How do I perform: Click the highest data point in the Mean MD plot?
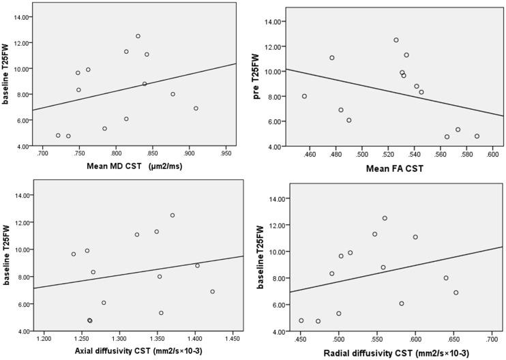tap(138, 36)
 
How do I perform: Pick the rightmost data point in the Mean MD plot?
tap(196, 108)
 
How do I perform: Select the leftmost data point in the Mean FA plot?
tap(304, 96)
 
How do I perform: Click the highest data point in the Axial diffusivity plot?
tap(173, 215)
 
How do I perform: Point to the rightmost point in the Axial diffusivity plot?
tap(212, 292)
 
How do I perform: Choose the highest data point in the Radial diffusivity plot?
tap(385, 218)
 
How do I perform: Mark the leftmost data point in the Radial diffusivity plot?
tap(301, 320)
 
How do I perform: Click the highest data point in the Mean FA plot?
tap(396, 40)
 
